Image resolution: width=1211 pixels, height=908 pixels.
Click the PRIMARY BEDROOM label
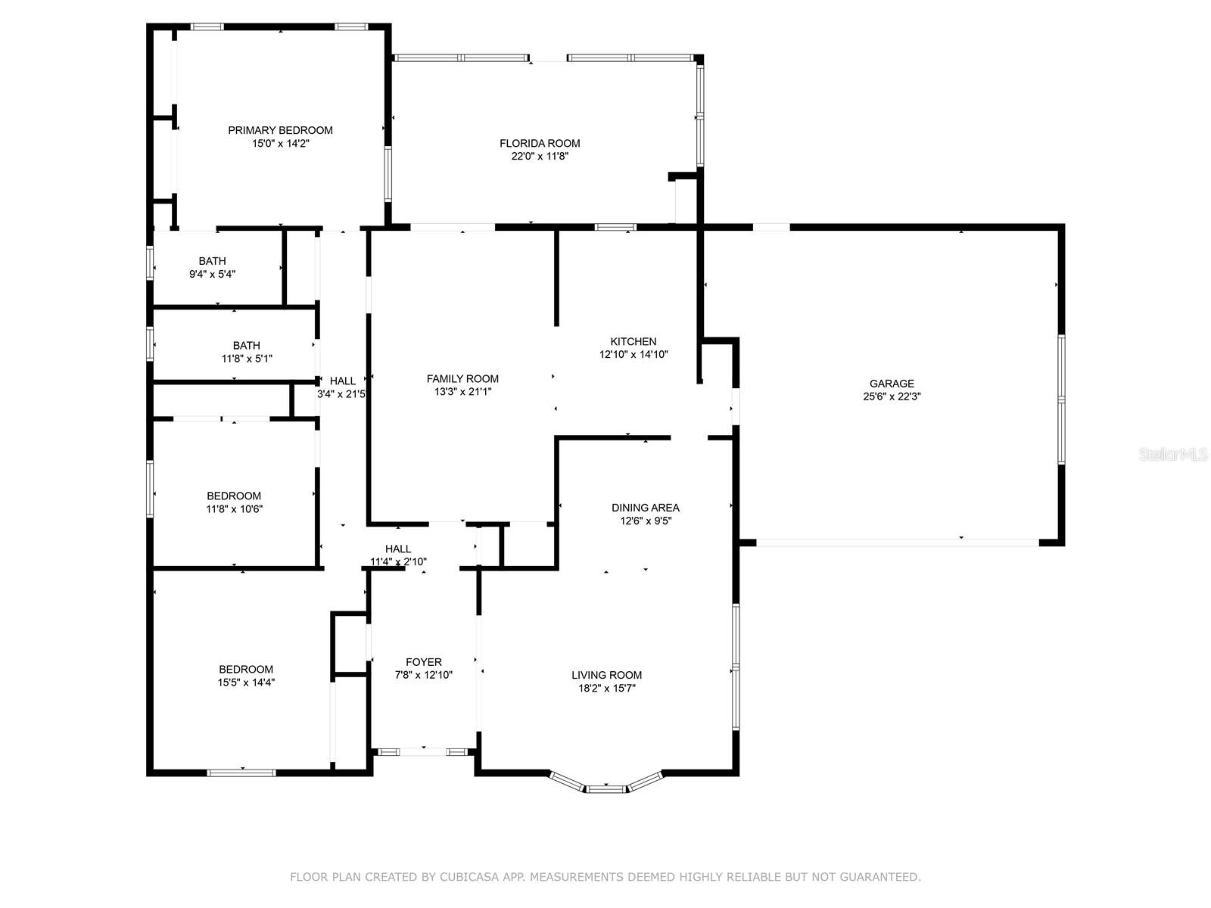[x=280, y=130]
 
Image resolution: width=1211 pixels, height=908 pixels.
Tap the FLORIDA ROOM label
[x=540, y=143]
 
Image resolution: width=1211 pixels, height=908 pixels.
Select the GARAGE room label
[x=892, y=383]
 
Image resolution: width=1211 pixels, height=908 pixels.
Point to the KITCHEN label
[x=634, y=341]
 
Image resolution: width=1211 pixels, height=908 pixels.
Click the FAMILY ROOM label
[x=462, y=379]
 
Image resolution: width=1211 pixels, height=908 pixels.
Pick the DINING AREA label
[x=646, y=508]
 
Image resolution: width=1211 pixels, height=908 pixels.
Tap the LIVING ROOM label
[x=606, y=675]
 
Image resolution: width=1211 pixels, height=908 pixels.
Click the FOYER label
[x=424, y=662]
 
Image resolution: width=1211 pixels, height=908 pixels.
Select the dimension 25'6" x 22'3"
[x=892, y=396]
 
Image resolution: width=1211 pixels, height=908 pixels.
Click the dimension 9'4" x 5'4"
[x=213, y=274]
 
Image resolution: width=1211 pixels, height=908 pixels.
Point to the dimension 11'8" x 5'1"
[x=247, y=359]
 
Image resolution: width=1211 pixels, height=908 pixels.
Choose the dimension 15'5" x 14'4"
[x=246, y=683]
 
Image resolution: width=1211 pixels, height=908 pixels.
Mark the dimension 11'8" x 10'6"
[x=234, y=508]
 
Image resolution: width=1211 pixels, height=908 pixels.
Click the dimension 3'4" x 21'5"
[x=341, y=394]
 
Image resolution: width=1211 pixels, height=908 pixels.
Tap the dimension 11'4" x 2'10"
[x=398, y=561]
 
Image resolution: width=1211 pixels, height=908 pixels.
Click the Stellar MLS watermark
[x=1173, y=454]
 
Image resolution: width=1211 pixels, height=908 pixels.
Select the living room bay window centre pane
[x=605, y=789]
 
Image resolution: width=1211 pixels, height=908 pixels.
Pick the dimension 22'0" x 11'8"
[x=540, y=156]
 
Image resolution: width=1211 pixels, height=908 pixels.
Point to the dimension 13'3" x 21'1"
[x=462, y=392]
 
